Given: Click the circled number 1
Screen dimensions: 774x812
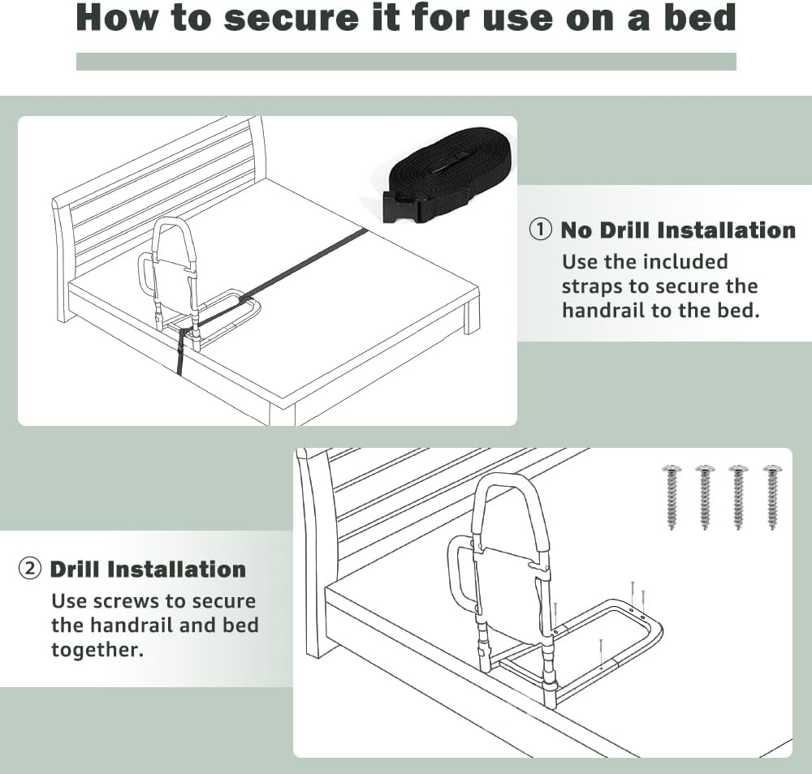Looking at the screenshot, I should pyautogui.click(x=541, y=230).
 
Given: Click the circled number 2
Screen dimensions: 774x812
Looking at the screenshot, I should pyautogui.click(x=30, y=569).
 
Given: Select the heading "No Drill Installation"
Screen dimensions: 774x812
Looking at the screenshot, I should pyautogui.click(x=678, y=230).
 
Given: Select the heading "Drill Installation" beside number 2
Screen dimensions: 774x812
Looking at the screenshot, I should pyautogui.click(x=148, y=569).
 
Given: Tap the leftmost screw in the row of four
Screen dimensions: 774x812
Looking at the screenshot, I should pyautogui.click(x=672, y=496).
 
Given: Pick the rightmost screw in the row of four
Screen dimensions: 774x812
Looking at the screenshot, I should pyautogui.click(x=771, y=496).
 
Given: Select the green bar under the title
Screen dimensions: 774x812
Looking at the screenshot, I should pyautogui.click(x=406, y=62).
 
